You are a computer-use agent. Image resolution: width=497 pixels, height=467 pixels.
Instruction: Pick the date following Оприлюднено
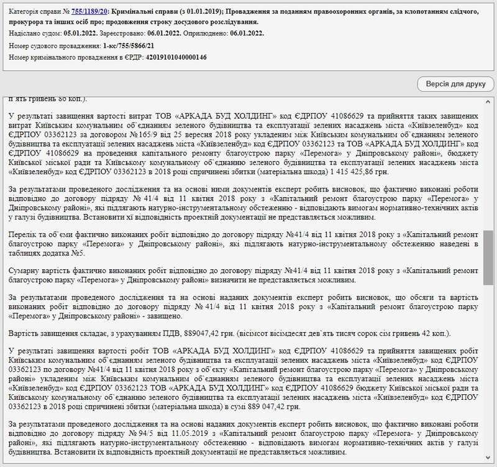point(245,34)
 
